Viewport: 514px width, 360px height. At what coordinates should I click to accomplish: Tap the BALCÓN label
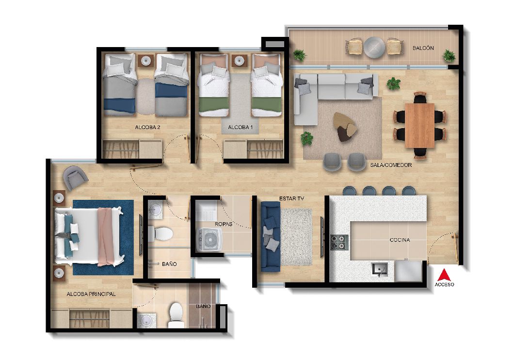(423, 48)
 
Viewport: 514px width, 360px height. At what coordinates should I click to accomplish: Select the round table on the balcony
(375, 48)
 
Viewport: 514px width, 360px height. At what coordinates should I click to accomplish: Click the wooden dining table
(420, 125)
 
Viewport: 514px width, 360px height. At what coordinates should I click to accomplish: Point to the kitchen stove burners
(339, 242)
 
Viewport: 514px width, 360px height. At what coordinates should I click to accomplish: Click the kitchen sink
(379, 269)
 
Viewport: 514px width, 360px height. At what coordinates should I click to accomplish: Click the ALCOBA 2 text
(147, 128)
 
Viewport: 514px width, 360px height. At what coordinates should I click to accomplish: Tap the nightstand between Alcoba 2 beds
(146, 61)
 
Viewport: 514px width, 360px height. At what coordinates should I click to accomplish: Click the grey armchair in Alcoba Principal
(75, 178)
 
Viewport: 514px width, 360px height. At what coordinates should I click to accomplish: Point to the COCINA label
(400, 240)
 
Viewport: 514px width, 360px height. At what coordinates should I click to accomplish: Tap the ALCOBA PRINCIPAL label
(91, 294)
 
